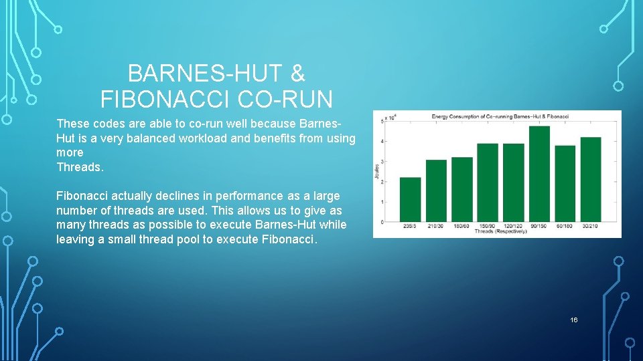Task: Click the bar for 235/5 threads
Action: [x=410, y=199]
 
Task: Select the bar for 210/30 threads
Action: [x=436, y=191]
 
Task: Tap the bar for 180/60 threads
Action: [x=462, y=189]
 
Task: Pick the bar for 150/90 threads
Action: [x=488, y=183]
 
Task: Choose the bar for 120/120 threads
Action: [x=513, y=183]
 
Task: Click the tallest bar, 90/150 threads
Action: [x=539, y=174]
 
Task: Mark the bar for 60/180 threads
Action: [x=565, y=183]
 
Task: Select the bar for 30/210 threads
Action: [x=591, y=179]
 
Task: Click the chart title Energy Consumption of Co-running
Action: [x=500, y=116]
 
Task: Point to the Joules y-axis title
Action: [x=377, y=171]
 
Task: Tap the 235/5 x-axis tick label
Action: [x=410, y=227]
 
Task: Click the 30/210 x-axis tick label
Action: [x=591, y=227]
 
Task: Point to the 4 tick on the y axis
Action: [x=382, y=141]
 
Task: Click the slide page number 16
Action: [x=573, y=320]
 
